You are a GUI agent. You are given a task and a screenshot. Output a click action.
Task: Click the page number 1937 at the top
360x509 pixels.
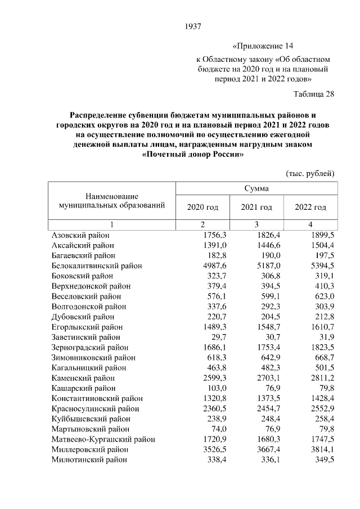[192, 26]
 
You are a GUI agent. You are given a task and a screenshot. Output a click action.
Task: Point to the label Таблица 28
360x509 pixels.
[314, 94]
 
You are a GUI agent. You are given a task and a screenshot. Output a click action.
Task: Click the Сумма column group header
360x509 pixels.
[256, 188]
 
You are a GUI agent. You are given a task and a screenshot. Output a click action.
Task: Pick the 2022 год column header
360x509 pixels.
[310, 208]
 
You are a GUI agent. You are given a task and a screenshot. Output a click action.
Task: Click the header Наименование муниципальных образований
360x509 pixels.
[112, 201]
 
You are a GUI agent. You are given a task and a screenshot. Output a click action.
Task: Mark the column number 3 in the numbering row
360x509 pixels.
[256, 225]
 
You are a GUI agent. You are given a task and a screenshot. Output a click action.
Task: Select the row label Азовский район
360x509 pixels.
[80, 235]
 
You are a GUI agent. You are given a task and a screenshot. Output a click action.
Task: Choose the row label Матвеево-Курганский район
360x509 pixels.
[103, 439]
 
